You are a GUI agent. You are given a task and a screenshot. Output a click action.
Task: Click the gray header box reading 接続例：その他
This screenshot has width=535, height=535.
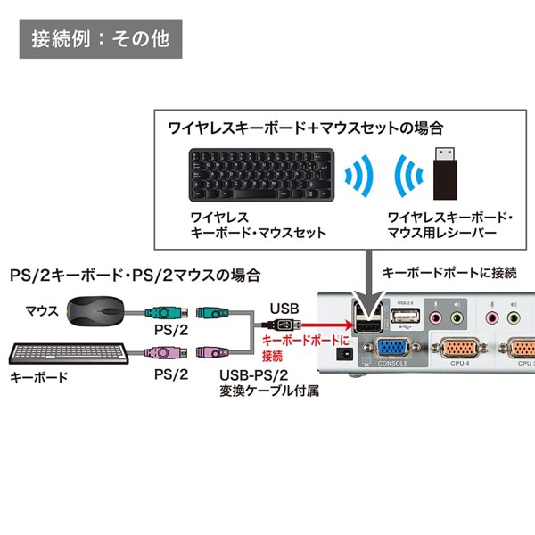pos(100,40)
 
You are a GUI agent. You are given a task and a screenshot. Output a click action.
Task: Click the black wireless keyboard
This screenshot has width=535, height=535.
pos(260,176)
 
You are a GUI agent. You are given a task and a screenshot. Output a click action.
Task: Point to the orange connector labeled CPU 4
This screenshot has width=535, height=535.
pos(460,349)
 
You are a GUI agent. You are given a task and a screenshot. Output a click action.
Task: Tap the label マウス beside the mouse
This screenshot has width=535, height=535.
pos(42,310)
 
